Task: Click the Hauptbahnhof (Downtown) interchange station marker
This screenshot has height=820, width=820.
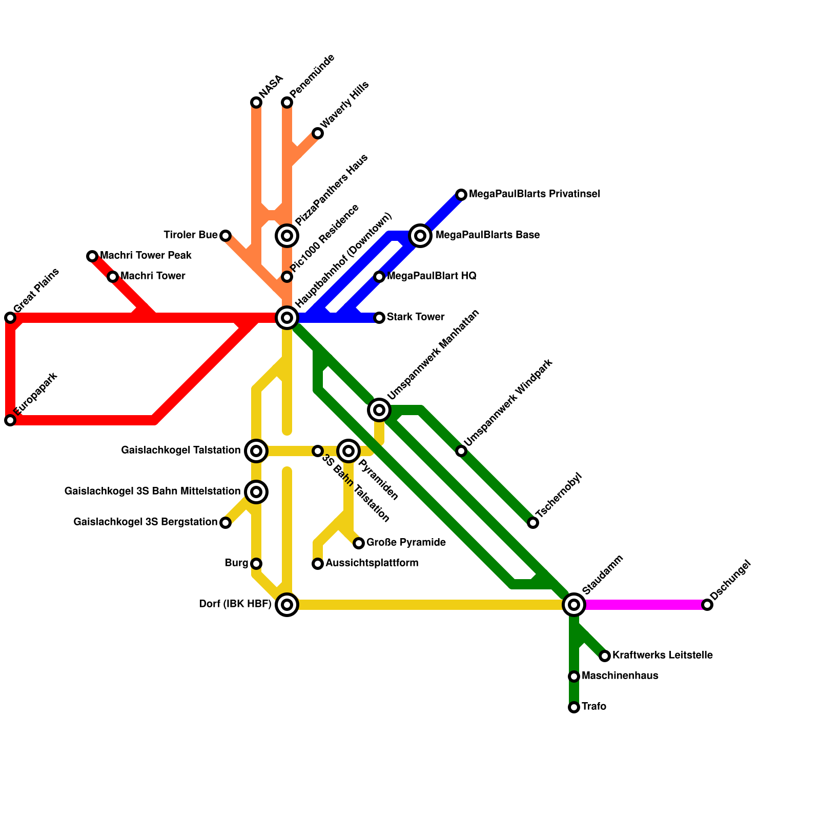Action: [287, 318]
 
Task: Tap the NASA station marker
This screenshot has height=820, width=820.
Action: [256, 102]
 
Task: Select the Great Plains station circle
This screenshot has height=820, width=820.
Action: [10, 318]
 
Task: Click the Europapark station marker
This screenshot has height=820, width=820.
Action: [10, 420]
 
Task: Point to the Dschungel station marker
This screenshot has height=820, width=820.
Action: [707, 605]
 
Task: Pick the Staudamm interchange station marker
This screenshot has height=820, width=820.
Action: [574, 605]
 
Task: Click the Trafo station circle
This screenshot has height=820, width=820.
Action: [574, 707]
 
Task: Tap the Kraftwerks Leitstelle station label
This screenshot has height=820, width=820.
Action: [662, 655]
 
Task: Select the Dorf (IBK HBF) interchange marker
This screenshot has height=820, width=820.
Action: [287, 605]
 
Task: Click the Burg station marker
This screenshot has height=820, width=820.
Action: [256, 564]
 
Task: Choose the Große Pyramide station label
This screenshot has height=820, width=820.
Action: [406, 543]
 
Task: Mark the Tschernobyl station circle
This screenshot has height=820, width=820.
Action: [533, 523]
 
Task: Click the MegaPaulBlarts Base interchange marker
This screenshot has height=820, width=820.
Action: [420, 236]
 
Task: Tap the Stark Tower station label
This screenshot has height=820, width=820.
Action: [416, 317]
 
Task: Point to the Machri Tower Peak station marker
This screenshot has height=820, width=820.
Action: [92, 256]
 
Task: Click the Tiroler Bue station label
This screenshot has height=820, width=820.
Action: [191, 235]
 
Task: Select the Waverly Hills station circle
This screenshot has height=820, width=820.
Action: [318, 133]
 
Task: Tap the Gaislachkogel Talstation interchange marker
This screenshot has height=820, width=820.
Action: [256, 451]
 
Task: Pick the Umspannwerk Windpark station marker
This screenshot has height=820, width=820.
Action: [461, 451]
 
